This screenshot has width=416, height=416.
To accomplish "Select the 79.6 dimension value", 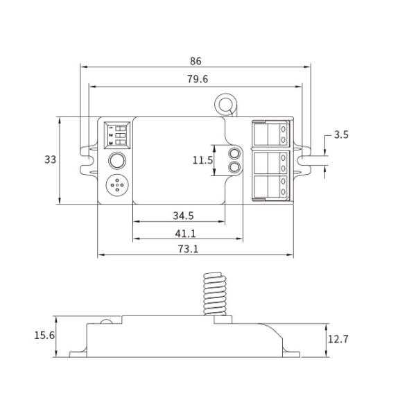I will click(x=196, y=79).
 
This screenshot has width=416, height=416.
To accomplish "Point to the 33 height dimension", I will click(x=50, y=159).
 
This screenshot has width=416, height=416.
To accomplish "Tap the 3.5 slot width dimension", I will click(x=340, y=135).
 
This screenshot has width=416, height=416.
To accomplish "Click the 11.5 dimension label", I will click(x=202, y=160).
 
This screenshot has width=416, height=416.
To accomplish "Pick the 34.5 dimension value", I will click(x=184, y=216).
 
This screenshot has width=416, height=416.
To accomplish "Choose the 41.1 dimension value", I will click(x=184, y=234).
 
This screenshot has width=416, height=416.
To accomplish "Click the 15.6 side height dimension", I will click(x=44, y=336).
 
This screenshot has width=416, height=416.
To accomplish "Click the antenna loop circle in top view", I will click(x=225, y=105).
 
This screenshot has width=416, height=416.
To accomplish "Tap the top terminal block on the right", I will click(x=271, y=134).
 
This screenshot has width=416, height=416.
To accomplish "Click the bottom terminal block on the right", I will click(x=271, y=187).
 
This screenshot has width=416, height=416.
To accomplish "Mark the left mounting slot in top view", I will click(x=87, y=159).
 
